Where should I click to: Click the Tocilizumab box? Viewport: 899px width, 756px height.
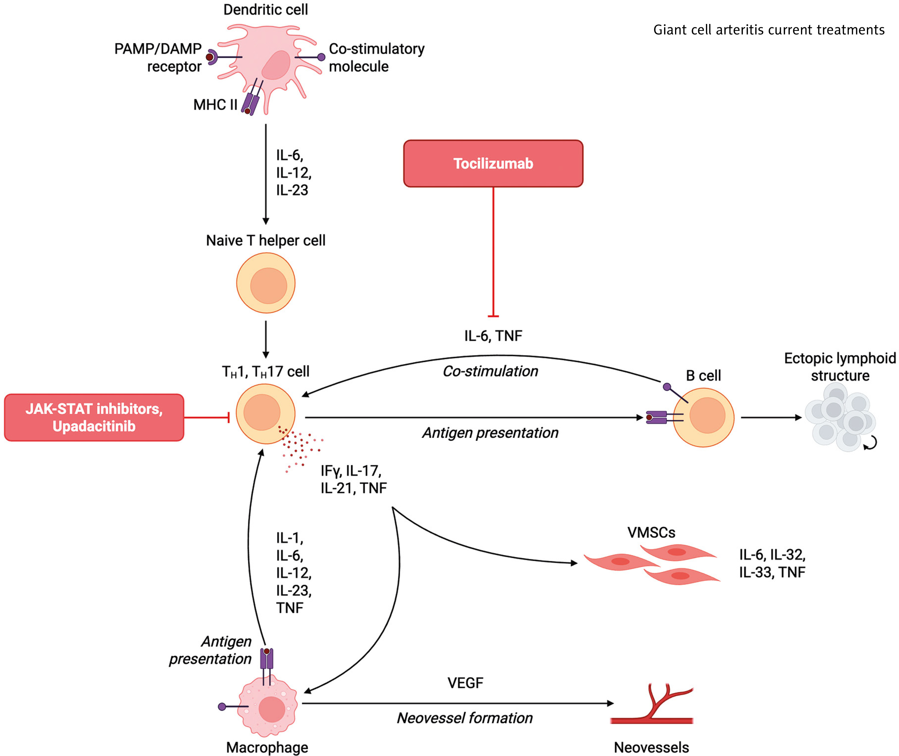(493, 163)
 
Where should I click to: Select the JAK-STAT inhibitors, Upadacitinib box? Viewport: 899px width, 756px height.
(94, 417)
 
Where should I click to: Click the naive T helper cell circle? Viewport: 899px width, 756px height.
(266, 283)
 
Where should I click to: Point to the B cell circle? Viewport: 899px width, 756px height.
(704, 417)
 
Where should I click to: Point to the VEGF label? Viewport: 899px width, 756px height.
(465, 683)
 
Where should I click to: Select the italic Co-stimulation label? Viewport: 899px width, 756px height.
(490, 371)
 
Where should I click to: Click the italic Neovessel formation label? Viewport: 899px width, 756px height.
(465, 718)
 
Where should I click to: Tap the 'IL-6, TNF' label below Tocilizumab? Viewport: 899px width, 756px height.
(493, 336)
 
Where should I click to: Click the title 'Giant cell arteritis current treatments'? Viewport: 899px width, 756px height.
(769, 30)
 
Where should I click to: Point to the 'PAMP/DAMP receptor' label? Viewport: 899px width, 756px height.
(158, 57)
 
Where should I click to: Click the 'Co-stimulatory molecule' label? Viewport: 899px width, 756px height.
(376, 57)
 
